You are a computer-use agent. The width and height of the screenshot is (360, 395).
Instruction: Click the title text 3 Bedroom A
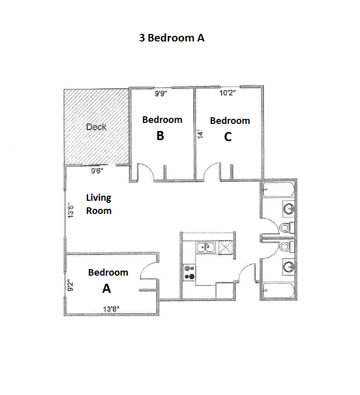(x=172, y=37)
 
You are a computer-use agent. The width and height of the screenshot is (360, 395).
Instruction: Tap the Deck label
(x=96, y=127)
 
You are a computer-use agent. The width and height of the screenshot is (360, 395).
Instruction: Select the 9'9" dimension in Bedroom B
(x=162, y=93)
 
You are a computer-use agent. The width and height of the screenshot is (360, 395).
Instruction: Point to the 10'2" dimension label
(x=228, y=93)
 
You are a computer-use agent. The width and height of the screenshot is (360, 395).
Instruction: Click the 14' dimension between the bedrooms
(x=200, y=135)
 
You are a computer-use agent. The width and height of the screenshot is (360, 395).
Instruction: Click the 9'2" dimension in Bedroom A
(x=71, y=286)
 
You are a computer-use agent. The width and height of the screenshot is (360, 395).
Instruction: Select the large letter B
(x=160, y=136)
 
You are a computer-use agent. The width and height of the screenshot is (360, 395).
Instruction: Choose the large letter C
(x=228, y=137)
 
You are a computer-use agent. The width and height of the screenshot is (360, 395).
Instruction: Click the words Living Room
(x=99, y=204)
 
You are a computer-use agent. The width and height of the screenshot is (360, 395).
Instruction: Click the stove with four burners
(x=190, y=272)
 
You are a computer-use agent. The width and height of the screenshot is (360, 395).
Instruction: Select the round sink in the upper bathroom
(x=288, y=208)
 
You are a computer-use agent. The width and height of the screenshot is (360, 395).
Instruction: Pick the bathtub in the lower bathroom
(x=278, y=291)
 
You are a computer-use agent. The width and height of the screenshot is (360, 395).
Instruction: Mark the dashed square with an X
(x=226, y=247)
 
